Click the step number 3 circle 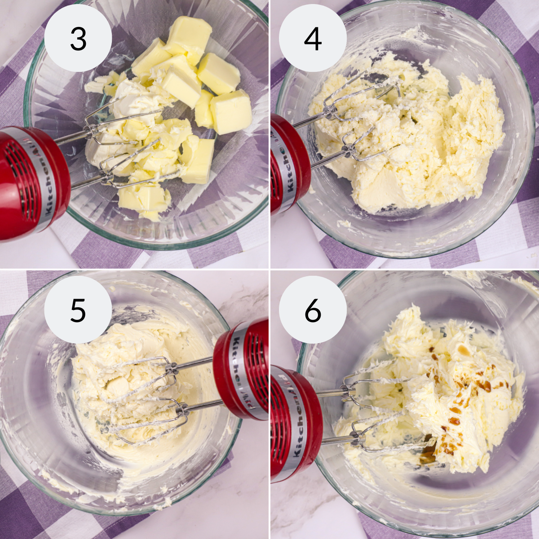click(78, 38)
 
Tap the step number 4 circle click(313, 38)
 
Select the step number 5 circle click(78, 309)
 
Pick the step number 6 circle click(313, 309)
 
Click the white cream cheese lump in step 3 click(132, 98)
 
